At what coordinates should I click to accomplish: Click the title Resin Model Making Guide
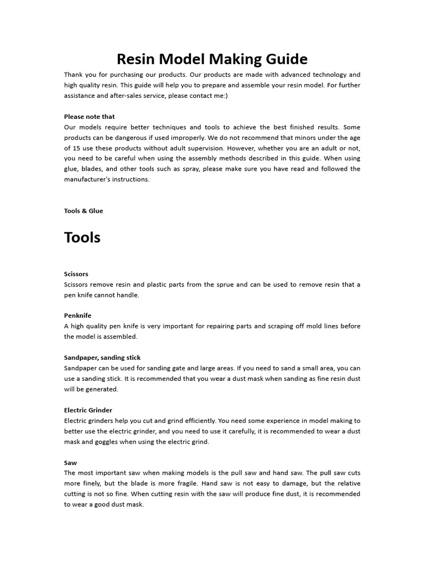[x=212, y=59]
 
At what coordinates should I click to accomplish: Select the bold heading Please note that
[x=89, y=117]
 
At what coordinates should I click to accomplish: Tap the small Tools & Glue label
[x=83, y=211]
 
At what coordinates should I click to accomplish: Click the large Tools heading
[x=82, y=238]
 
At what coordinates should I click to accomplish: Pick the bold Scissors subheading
[x=76, y=274]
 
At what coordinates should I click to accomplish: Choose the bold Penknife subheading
[x=77, y=316]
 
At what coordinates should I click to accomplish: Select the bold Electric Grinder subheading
[x=88, y=410]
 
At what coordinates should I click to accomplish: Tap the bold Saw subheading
[x=70, y=463]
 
